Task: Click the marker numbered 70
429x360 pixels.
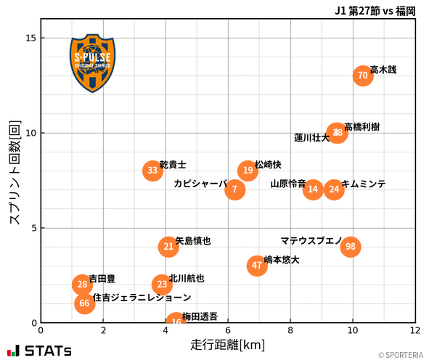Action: [363, 75]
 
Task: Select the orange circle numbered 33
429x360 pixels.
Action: [152, 171]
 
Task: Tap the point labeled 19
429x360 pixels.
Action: [248, 171]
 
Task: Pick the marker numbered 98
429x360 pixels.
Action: [351, 247]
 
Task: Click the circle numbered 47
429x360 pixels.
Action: [257, 266]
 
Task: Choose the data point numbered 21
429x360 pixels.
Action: [168, 247]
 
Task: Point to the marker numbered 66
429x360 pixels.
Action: [84, 303]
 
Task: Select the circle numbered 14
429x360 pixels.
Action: [313, 189]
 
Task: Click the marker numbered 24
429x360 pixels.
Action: [334, 189]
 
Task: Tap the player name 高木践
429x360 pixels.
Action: [383, 70]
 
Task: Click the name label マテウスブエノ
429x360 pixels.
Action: [311, 240]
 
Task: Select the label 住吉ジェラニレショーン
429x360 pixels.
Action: [142, 298]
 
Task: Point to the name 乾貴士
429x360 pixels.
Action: [173, 165]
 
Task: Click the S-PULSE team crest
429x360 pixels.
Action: [92, 62]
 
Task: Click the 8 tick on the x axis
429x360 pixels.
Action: [290, 331]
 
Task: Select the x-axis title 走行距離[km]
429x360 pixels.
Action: [227, 344]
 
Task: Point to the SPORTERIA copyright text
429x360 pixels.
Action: [400, 355]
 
